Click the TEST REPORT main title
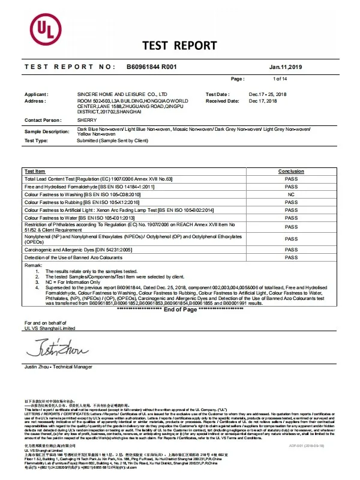(x=179, y=46)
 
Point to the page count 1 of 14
(x=280, y=79)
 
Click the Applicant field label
(x=35, y=95)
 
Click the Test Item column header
(x=35, y=171)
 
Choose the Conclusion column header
(x=291, y=171)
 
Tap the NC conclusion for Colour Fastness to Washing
(x=291, y=194)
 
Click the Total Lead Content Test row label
(x=98, y=179)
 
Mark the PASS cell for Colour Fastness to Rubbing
(x=291, y=202)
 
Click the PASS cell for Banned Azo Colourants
(x=291, y=257)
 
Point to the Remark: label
(x=32, y=265)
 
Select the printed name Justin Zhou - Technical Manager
(x=58, y=365)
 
